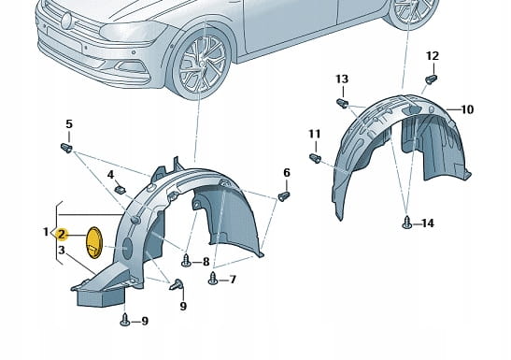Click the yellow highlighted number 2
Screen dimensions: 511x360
point(62,234)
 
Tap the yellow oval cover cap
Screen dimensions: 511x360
point(93,242)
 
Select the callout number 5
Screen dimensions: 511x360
point(69,124)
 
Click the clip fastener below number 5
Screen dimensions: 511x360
point(66,148)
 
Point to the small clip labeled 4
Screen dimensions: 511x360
point(121,189)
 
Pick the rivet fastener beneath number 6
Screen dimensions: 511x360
point(284,196)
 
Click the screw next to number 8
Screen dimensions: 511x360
point(186,261)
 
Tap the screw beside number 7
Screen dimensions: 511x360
point(213,279)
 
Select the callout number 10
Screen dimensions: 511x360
point(467,109)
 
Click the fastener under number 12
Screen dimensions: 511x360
point(432,79)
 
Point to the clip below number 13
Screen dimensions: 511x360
point(342,104)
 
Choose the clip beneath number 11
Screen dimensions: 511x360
point(315,158)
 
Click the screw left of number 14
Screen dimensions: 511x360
point(407,223)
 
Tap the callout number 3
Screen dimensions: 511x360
point(62,251)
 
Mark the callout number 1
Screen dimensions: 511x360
point(47,232)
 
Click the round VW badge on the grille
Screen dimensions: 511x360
point(67,22)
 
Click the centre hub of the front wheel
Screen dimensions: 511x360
point(203,64)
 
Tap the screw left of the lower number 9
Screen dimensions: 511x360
point(125,320)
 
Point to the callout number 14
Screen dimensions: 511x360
point(428,223)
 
